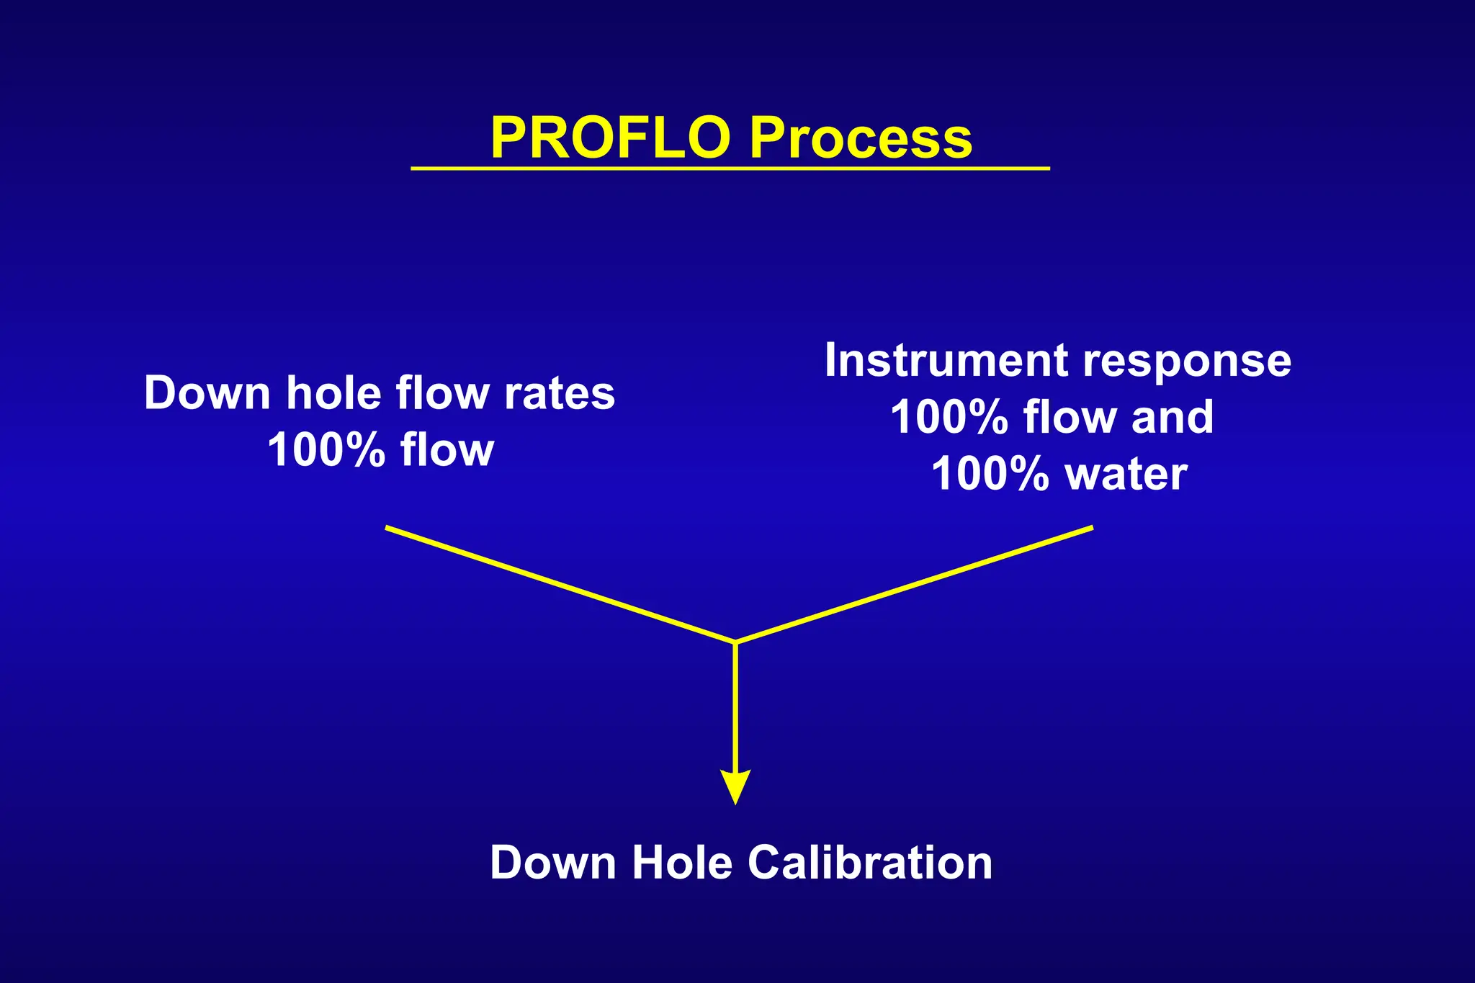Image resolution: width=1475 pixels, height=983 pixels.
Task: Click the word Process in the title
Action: tap(861, 138)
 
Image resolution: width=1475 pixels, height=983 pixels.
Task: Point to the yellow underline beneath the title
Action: tap(730, 169)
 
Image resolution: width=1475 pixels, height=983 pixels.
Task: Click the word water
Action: tap(1126, 475)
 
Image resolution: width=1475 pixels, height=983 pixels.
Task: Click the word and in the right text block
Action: tap(1172, 417)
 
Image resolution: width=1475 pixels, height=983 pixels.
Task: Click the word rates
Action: tap(560, 394)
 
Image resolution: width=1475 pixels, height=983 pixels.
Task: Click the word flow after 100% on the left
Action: tap(447, 450)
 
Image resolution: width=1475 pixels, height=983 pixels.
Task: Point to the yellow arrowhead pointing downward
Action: tap(735, 786)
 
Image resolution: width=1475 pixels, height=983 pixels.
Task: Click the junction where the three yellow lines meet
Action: tap(735, 642)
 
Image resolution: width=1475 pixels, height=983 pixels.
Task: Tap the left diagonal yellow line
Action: tap(560, 584)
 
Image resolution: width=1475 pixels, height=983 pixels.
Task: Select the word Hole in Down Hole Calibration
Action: tap(681, 863)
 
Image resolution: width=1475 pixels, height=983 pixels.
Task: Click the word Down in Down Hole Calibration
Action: tap(552, 863)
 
